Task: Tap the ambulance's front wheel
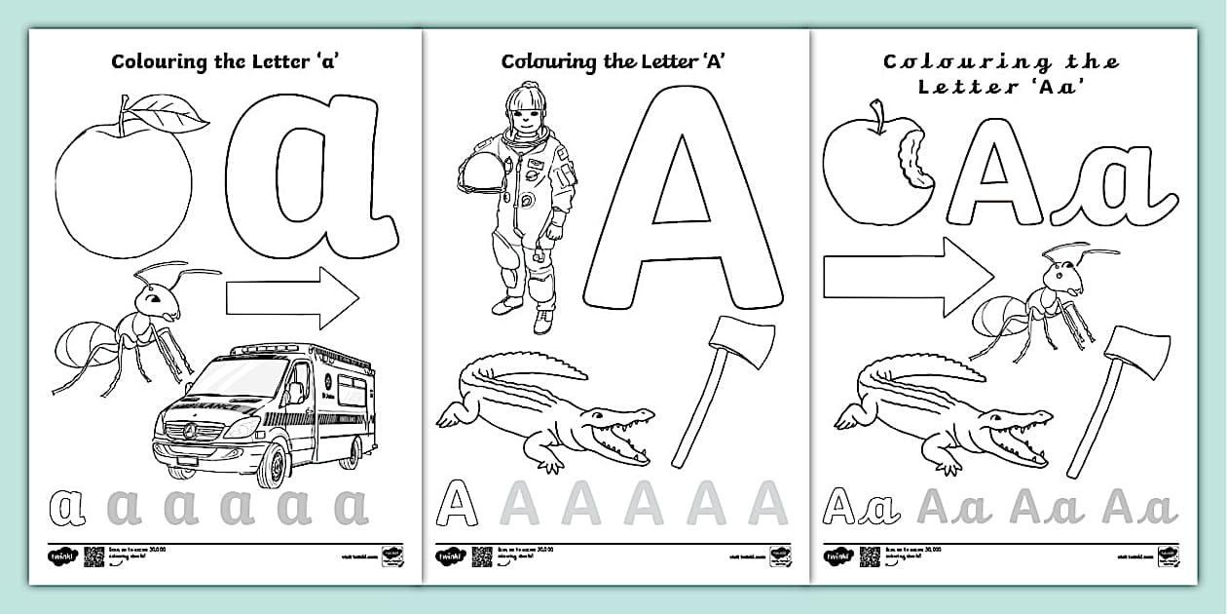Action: click(276, 464)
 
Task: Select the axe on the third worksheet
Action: click(1120, 390)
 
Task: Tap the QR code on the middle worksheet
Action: click(481, 556)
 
